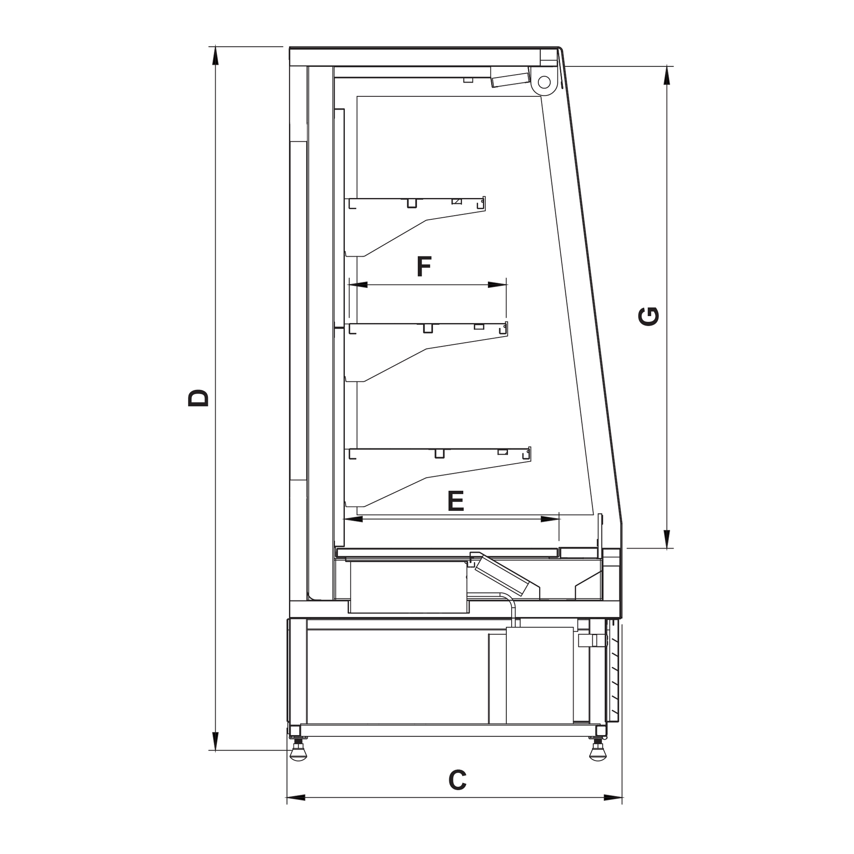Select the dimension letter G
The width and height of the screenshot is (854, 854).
pos(649,316)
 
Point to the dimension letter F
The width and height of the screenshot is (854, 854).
pos(424,266)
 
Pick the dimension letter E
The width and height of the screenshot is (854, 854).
pos(456,501)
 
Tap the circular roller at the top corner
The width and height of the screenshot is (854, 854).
pos(544,82)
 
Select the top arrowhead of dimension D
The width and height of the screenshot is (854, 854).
pos(215,56)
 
